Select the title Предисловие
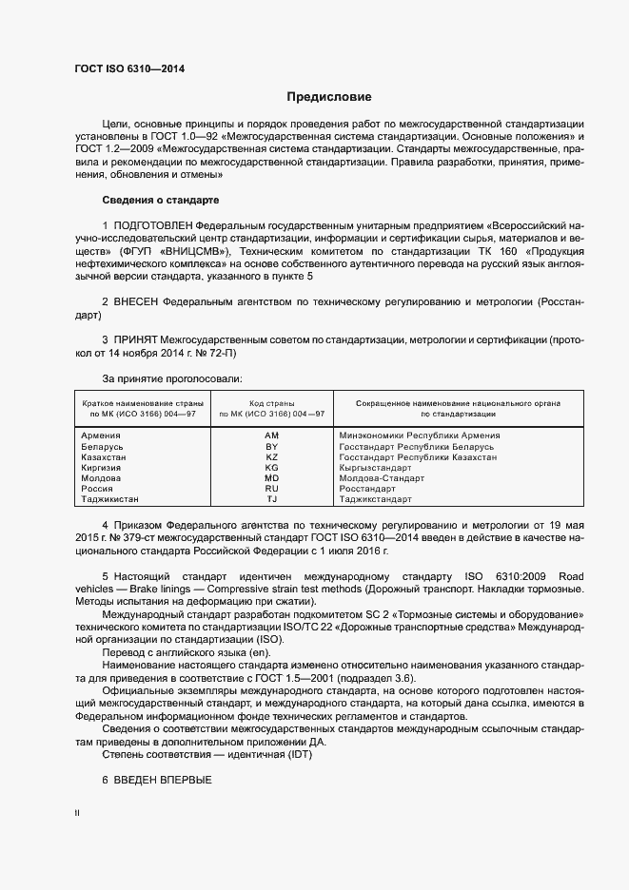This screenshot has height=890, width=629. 329,97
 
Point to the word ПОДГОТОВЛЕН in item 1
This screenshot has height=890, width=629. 153,225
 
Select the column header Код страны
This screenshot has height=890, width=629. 271,403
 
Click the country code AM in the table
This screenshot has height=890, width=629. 271,435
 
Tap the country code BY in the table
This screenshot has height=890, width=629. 271,446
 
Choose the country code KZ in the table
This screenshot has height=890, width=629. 271,457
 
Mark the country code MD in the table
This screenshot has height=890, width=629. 271,478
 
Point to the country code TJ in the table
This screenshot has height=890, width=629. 271,499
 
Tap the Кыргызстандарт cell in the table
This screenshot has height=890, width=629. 375,468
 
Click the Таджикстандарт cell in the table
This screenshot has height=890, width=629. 375,499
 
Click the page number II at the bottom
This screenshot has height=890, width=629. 77,814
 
